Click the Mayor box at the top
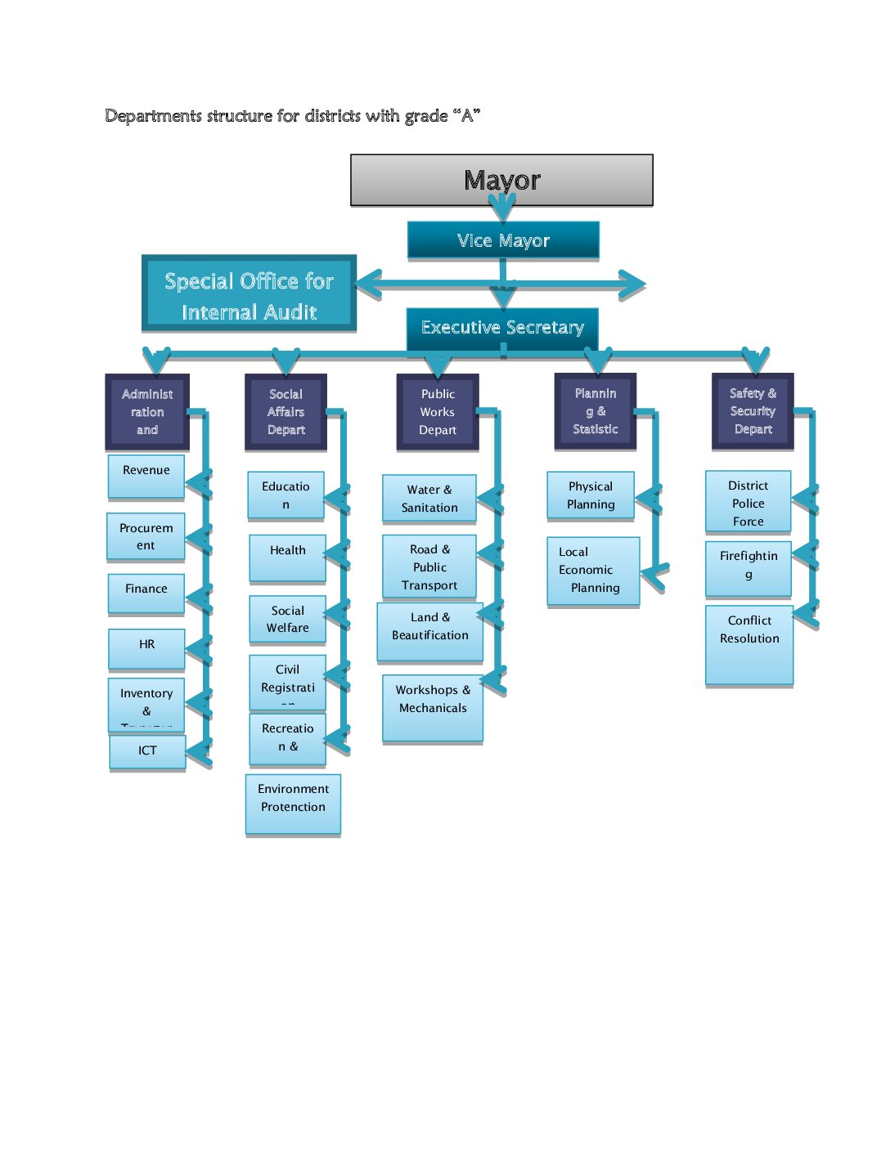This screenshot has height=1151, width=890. (x=501, y=180)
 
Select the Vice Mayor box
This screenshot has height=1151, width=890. (x=503, y=240)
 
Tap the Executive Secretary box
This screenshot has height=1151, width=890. (x=502, y=328)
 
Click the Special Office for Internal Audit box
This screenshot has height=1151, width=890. (x=249, y=295)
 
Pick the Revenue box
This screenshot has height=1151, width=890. (x=146, y=476)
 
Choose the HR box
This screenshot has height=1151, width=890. (x=146, y=647)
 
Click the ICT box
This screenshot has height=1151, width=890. (x=147, y=751)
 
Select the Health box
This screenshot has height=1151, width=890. (x=287, y=557)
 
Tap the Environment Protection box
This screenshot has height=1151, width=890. (x=293, y=804)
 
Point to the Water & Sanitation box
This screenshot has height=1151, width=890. (x=429, y=499)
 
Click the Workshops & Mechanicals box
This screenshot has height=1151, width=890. (x=433, y=706)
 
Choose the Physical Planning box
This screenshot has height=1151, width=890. (x=591, y=495)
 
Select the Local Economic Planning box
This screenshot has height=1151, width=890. (x=593, y=571)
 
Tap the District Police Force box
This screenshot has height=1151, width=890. (x=748, y=502)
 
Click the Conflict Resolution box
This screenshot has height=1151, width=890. (x=749, y=643)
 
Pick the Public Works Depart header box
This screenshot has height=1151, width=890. (x=438, y=412)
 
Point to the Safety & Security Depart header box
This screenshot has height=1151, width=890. (x=753, y=411)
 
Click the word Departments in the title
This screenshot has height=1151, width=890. (x=153, y=116)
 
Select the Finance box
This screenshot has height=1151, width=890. (x=146, y=592)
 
